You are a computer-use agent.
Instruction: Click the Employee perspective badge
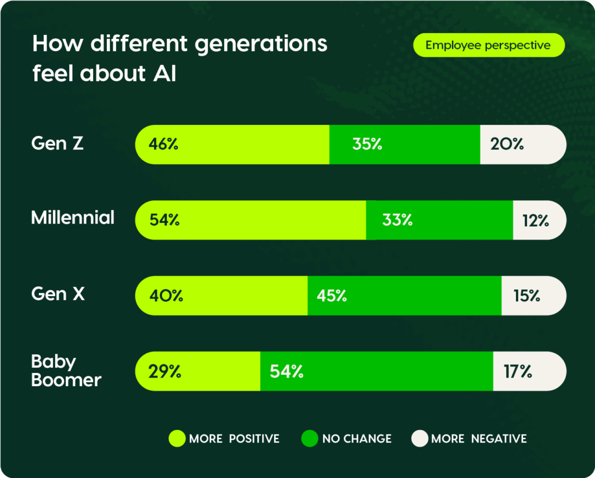488,45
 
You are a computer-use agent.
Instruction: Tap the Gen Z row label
58,143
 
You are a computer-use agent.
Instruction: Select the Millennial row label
73,218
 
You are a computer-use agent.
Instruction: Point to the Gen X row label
58,294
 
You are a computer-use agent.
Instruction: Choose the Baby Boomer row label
66,371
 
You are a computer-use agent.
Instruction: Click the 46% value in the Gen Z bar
163,144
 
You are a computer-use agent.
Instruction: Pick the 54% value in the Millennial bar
164,220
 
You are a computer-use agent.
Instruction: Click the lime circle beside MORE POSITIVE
177,439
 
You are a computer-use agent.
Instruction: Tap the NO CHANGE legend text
357,439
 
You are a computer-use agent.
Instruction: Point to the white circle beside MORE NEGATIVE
419,439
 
